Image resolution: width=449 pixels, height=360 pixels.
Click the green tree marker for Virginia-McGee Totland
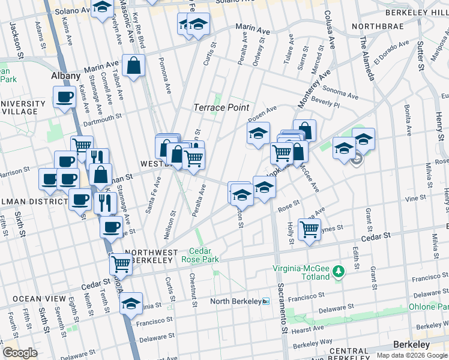pyautogui.click(x=339, y=272)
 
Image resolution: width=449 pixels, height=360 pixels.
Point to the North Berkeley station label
pyautogui.click(x=235, y=301)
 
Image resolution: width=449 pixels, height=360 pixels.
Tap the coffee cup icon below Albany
pyautogui.click(x=65, y=97)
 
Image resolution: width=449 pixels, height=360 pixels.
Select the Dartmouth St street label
pyautogui.click(x=103, y=118)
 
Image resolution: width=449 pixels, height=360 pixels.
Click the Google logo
pyautogui.click(x=20, y=353)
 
